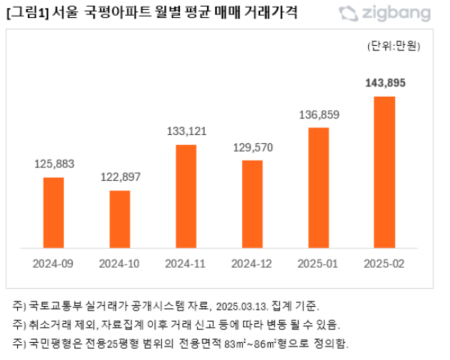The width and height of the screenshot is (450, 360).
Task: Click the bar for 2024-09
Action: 53,212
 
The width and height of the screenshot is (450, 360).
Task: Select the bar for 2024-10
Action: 120,219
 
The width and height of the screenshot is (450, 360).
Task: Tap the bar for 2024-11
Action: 186,196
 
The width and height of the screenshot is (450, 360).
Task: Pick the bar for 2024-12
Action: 253,204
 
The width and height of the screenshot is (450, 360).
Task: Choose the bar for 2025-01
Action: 319,187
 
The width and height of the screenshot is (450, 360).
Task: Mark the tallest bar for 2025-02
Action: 385,172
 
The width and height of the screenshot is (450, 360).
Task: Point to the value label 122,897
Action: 120,177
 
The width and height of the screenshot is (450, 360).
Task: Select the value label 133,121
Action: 186,131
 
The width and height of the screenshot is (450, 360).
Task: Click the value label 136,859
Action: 319,115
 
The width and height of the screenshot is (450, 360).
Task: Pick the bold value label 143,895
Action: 385,83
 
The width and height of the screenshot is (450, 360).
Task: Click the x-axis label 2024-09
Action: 54,264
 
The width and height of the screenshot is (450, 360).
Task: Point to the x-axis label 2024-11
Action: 186,264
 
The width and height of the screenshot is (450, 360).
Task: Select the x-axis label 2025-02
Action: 385,264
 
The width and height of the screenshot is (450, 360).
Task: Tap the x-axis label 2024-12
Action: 253,264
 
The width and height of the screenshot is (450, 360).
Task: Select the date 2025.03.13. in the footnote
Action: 243,306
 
